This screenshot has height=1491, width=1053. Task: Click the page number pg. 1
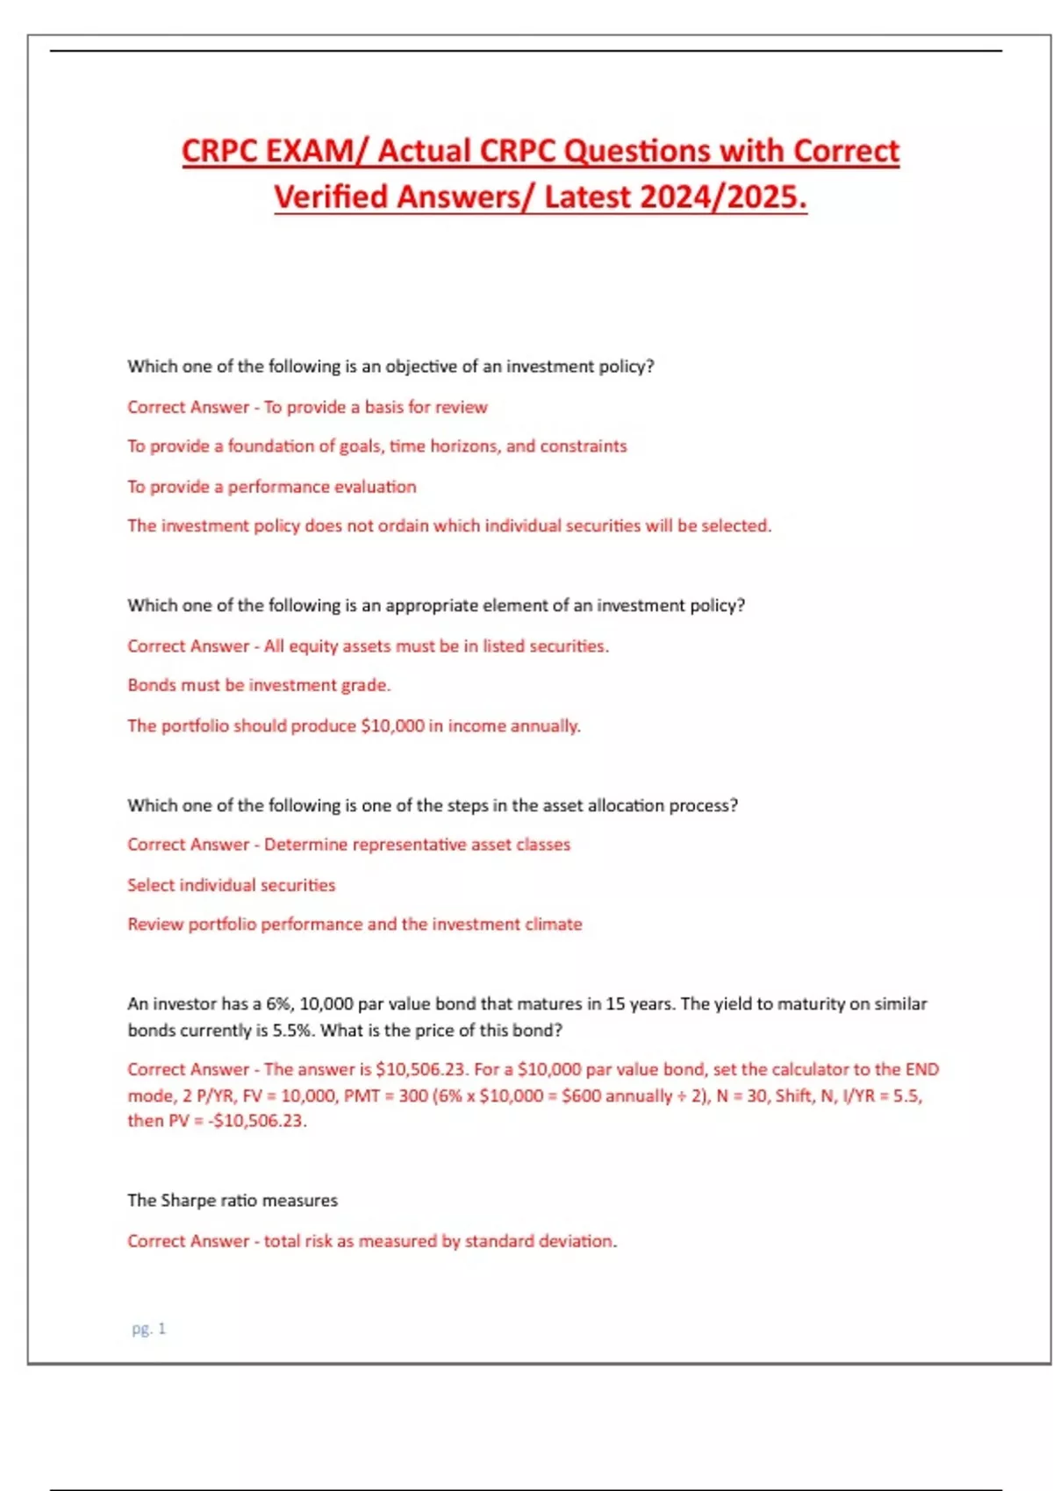(148, 1329)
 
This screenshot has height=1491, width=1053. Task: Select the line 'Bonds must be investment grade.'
(259, 685)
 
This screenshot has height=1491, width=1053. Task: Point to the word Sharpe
(189, 1200)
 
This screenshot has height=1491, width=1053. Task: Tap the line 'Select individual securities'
(231, 885)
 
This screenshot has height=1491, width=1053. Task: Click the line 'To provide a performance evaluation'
(271, 487)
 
